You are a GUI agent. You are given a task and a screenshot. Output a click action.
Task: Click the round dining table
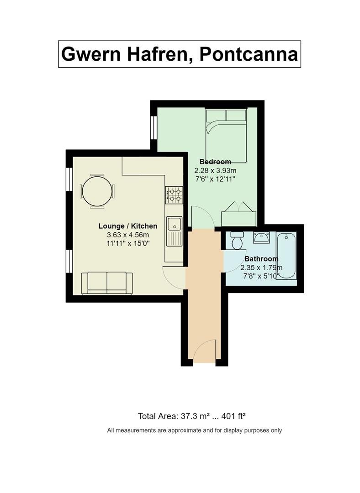97,191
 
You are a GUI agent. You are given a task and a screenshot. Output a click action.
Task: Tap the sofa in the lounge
107,283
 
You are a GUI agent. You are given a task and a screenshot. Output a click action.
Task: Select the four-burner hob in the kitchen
174,195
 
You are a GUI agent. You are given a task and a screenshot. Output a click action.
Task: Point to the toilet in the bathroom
237,240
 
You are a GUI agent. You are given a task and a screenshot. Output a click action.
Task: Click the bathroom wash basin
261,237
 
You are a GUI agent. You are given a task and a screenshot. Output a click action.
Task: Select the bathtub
286,256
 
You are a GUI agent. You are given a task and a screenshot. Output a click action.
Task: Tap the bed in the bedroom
226,136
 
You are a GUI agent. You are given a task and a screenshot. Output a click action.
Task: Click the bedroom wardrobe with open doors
238,215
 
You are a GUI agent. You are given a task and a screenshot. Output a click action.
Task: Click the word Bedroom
215,162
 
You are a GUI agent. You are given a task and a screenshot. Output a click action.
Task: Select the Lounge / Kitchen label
128,226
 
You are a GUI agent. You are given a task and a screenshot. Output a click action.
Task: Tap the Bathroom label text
261,259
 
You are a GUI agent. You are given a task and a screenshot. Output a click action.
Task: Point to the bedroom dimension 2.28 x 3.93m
215,171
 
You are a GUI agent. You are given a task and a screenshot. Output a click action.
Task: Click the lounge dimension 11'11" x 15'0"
128,243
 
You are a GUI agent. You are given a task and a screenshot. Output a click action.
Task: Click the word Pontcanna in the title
249,54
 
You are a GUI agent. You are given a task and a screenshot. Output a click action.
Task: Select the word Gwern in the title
91,54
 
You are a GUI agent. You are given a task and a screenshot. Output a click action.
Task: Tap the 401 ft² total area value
233,416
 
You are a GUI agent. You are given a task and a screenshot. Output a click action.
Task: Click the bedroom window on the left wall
154,128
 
